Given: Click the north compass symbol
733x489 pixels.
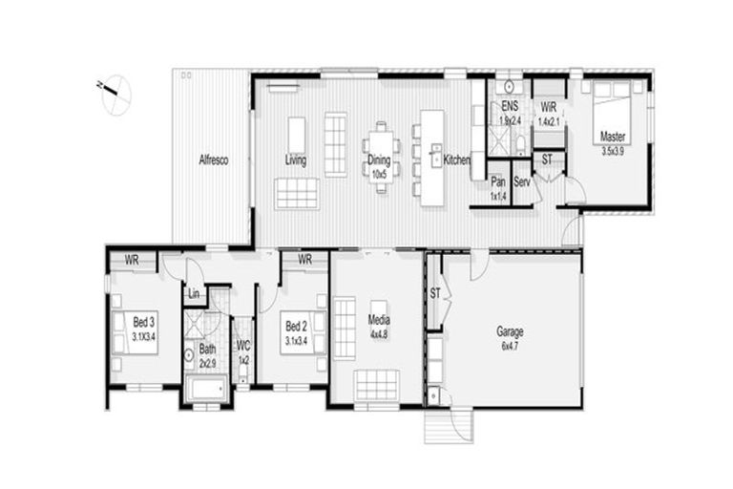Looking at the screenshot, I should pos(115,92).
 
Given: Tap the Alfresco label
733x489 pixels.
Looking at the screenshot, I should pos(212,160).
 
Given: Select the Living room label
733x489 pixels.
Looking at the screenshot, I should pos(295,160).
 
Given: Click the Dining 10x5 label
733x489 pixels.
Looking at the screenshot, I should pos(379,167).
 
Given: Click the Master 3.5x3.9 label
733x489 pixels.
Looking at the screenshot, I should pos(614,144).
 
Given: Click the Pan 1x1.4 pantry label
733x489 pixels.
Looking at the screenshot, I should pos(497,186).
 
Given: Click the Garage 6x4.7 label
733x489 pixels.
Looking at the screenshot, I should pos(510,337).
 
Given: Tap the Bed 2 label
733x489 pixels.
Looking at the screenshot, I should pos(297,332).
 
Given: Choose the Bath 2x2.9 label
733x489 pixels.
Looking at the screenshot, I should pos(207,356).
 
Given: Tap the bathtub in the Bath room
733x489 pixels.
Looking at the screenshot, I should pos(206,389).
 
